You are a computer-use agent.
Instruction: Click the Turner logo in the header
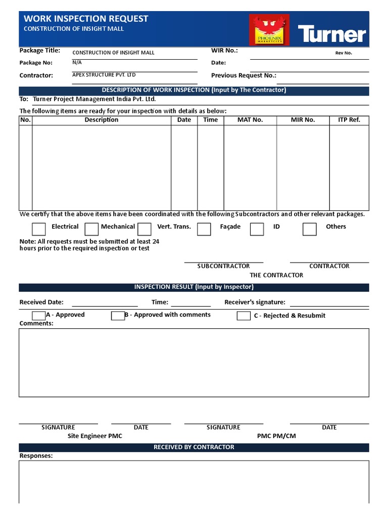click(x=331, y=34)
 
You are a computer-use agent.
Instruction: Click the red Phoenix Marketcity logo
click(x=269, y=30)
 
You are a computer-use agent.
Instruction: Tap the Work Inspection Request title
click(x=86, y=19)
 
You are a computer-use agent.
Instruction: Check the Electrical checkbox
click(x=39, y=229)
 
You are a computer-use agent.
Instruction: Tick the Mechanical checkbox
click(x=91, y=229)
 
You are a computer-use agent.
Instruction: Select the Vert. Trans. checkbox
click(x=144, y=229)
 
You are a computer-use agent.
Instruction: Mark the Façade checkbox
click(x=204, y=229)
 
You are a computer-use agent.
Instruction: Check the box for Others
click(x=310, y=229)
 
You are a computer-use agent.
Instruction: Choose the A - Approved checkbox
click(x=38, y=316)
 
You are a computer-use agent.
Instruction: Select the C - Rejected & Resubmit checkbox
click(x=244, y=316)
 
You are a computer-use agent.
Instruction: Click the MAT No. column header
click(x=250, y=120)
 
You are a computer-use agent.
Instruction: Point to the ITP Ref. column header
click(x=349, y=120)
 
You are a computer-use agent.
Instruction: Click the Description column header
click(x=102, y=120)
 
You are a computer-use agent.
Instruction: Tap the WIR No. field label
click(x=224, y=51)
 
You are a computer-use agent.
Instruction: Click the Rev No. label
click(x=344, y=53)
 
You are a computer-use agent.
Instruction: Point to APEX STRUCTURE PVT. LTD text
click(x=104, y=75)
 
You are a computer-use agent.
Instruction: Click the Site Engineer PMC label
click(x=95, y=436)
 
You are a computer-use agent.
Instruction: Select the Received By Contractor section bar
click(x=194, y=447)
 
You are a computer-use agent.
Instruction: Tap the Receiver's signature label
click(x=255, y=303)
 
